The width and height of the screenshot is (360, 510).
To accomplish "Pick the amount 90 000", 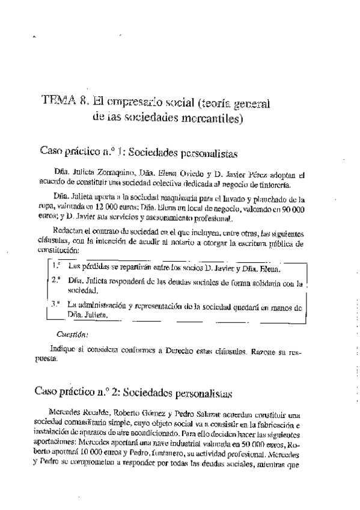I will pyautogui.click(x=288, y=207).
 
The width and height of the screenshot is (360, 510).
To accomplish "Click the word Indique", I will pyautogui.click(x=64, y=348).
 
